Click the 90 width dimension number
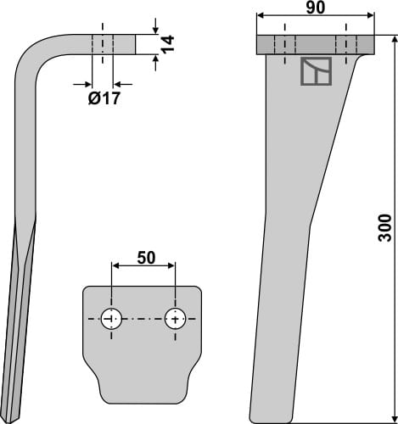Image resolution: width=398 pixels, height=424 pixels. [315, 8]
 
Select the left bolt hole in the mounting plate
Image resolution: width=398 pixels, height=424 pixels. [110, 320]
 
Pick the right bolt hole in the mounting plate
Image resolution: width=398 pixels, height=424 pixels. [175, 320]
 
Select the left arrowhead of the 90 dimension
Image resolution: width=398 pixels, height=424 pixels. [260, 15]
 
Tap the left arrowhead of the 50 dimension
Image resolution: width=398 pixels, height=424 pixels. [113, 265]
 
